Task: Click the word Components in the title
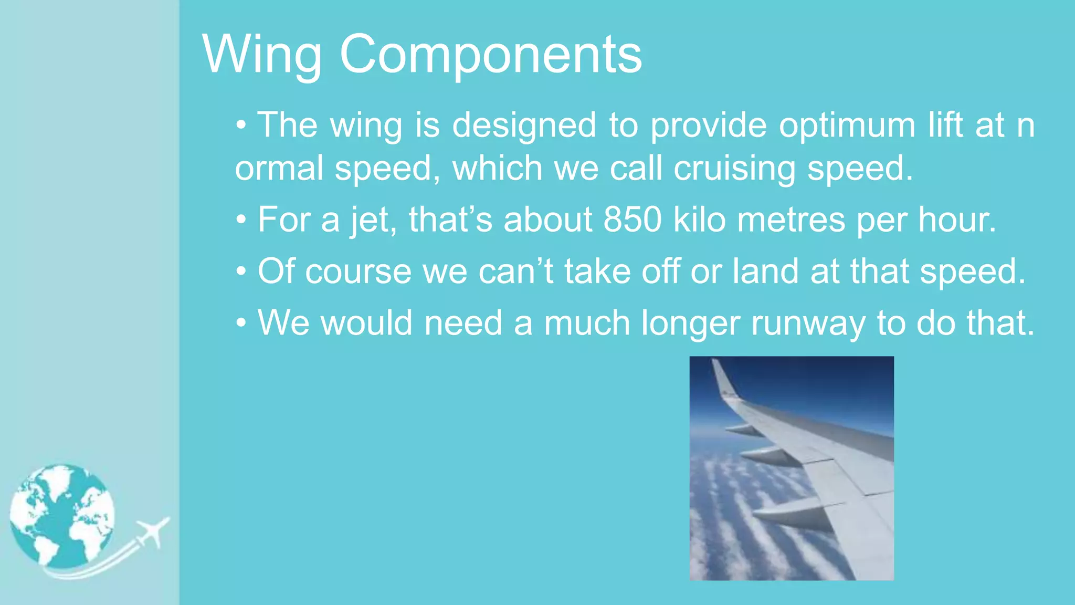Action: click(x=491, y=55)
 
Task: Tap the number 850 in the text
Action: click(x=633, y=220)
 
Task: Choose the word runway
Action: click(x=808, y=323)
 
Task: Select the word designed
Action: click(x=524, y=126)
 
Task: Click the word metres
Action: click(x=791, y=220)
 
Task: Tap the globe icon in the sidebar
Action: click(x=62, y=516)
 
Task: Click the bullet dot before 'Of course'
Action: click(x=241, y=272)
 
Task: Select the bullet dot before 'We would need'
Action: click(x=241, y=324)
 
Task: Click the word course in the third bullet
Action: click(x=358, y=272)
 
